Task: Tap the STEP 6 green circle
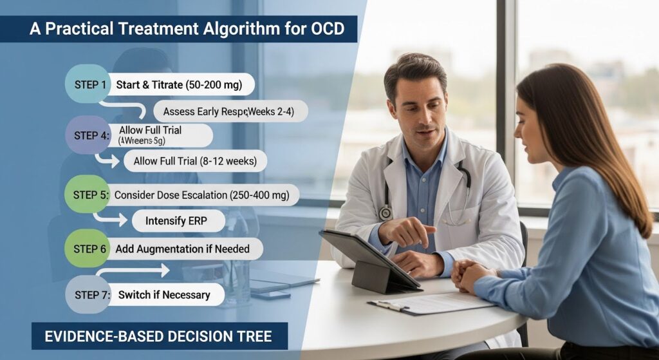(89, 249)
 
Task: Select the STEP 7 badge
(89, 295)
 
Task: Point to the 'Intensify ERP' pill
(178, 221)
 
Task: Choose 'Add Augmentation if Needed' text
(182, 249)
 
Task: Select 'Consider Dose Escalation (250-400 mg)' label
(201, 194)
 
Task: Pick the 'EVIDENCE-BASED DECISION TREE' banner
(160, 336)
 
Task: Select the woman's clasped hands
(468, 274)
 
